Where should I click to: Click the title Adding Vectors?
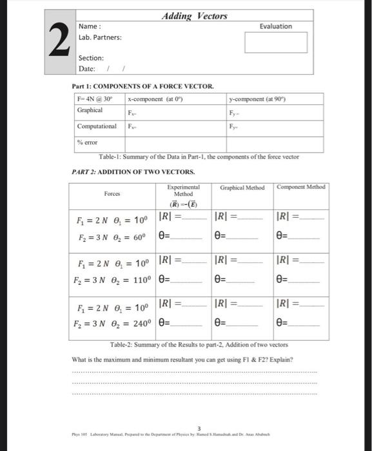tap(194, 15)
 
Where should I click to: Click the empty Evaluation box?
tap(276, 43)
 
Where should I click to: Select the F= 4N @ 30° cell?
tap(94, 99)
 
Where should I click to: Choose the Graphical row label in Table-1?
tap(90, 110)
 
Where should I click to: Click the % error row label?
tap(87, 142)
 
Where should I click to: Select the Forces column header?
tap(113, 192)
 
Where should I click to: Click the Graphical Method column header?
tap(242, 187)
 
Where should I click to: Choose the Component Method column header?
tap(301, 187)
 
